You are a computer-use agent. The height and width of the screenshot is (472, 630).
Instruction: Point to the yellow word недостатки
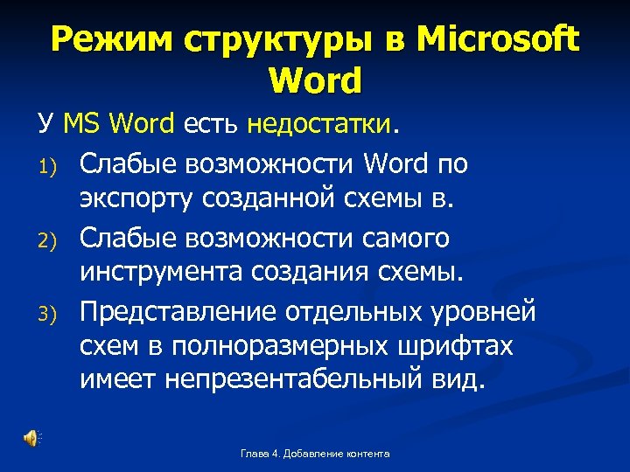pos(320,125)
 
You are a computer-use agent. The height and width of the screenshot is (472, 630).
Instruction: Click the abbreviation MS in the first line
pos(83,125)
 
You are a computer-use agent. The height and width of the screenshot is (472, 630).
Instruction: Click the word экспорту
pos(137,199)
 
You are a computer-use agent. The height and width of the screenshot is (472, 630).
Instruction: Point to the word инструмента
pos(160,273)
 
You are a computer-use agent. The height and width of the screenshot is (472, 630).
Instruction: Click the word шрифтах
pos(462,347)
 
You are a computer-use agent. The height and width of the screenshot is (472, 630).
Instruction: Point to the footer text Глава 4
pos(260,454)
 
